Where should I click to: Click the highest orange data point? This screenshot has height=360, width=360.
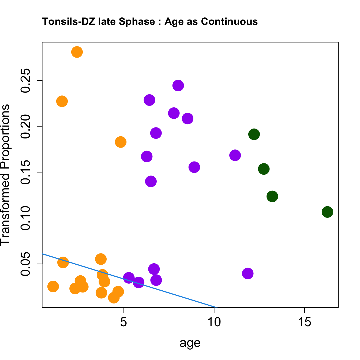click(77, 52)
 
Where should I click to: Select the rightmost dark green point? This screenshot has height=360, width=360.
click(327, 212)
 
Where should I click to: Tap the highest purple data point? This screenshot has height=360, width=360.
click(178, 86)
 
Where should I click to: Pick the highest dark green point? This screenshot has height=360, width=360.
click(254, 134)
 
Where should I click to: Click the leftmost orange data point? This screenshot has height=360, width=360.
click(53, 287)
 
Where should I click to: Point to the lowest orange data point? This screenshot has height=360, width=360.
click(114, 298)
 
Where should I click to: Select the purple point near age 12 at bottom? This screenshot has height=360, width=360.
click(248, 273)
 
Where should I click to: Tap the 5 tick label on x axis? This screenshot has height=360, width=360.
click(123, 322)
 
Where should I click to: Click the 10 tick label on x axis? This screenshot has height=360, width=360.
click(214, 322)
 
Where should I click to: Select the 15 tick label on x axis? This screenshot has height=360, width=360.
click(305, 322)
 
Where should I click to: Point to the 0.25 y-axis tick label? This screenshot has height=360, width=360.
click(26, 81)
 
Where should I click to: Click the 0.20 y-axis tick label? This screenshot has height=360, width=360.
click(26, 126)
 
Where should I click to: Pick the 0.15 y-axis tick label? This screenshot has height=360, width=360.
click(26, 172)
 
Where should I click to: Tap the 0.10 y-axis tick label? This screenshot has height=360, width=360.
click(26, 218)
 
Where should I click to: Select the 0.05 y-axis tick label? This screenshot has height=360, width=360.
click(26, 264)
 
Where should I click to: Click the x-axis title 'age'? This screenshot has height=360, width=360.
click(190, 343)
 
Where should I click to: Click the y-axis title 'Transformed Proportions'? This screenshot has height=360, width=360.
click(5, 175)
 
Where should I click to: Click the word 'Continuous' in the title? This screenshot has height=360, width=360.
click(230, 21)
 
